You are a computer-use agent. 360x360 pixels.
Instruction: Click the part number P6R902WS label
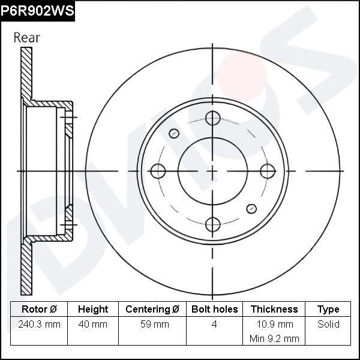(37, 10)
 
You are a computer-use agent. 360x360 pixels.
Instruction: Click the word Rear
(26, 37)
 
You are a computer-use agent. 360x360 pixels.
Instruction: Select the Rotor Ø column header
(39, 310)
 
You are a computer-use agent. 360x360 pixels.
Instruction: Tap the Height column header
(93, 310)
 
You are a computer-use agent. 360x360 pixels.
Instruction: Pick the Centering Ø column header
(152, 310)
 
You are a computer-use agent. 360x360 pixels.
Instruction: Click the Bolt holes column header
(214, 310)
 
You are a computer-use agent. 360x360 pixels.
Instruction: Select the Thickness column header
(274, 310)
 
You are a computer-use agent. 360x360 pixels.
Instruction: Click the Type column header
(328, 310)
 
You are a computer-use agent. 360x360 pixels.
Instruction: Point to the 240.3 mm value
(39, 325)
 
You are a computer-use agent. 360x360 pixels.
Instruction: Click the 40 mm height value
(93, 325)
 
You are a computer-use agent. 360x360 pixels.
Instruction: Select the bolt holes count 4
(214, 325)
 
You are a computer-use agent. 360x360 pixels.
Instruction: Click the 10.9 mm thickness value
(274, 325)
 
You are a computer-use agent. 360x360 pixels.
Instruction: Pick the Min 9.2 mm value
(274, 338)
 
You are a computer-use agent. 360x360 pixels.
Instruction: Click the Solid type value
(328, 325)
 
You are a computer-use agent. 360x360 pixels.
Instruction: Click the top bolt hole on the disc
(212, 118)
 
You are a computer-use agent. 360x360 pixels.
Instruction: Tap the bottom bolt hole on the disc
(212, 224)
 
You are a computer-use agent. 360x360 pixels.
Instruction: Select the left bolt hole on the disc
(158, 171)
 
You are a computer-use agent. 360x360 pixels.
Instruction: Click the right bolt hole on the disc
(266, 171)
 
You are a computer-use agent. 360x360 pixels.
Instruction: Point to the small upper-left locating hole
(175, 133)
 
